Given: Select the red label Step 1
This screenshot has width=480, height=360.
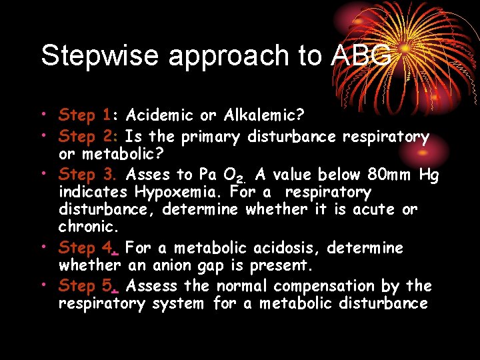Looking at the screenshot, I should [x=85, y=115].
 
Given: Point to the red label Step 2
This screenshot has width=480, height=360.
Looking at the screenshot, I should [x=87, y=137].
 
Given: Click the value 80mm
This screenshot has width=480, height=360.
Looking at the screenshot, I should [x=390, y=175].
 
